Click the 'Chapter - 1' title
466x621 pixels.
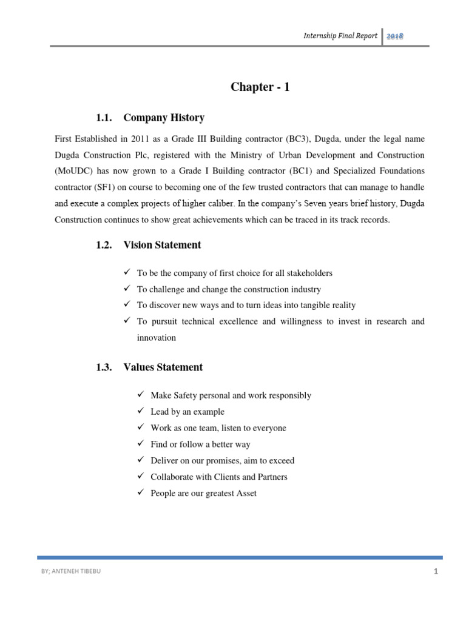(260, 87)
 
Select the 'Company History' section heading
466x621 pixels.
(164, 118)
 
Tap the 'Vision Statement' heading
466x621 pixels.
(162, 245)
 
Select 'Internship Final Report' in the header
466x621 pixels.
(340, 36)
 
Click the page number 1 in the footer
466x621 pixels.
(436, 571)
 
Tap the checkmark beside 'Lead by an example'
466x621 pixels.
(141, 412)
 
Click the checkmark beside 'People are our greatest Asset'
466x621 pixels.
(141, 493)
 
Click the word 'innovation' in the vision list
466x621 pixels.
(157, 338)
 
